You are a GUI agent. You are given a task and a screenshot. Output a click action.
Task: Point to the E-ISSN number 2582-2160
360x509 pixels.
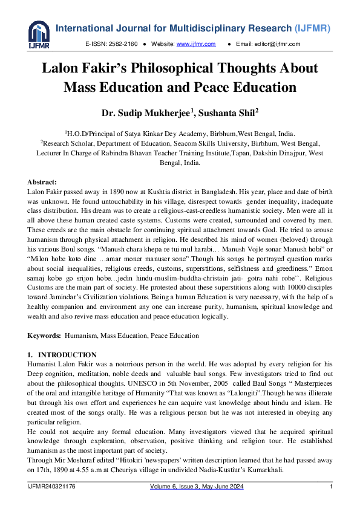point(123,44)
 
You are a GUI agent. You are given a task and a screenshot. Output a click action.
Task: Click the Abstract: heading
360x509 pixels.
point(42,182)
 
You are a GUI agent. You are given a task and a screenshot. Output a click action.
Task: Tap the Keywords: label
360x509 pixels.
point(44,335)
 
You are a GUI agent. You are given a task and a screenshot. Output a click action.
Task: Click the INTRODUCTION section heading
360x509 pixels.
point(67,355)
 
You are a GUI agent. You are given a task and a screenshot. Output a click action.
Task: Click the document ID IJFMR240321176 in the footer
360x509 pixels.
point(54,487)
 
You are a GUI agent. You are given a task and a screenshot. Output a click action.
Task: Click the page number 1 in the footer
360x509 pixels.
point(331,487)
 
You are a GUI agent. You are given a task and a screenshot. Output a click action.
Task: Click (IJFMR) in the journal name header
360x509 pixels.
point(312,28)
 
